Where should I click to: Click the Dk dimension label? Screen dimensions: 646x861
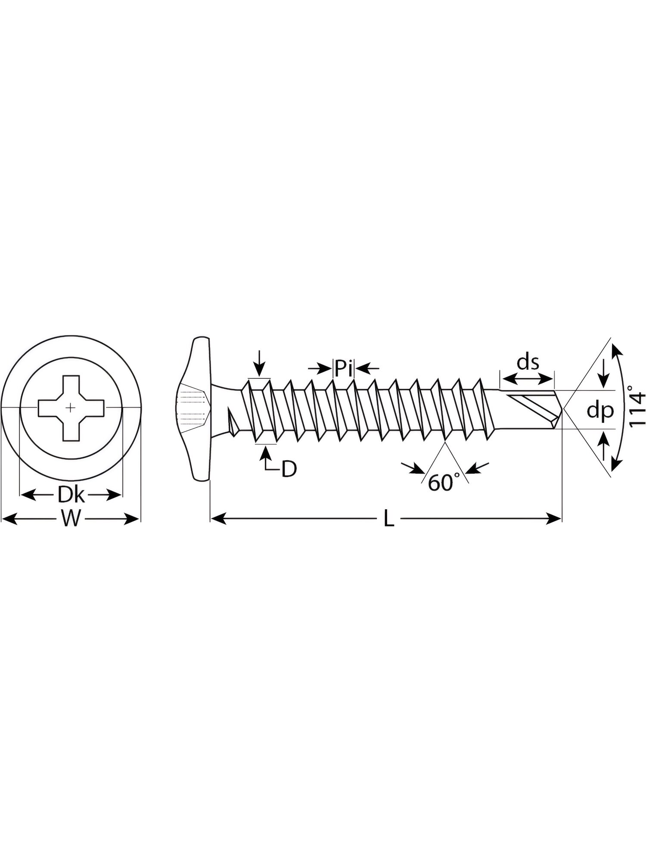point(71,496)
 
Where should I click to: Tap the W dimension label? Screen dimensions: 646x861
point(70,519)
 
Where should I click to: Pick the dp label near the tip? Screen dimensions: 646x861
point(600,412)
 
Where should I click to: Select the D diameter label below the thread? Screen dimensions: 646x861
point(289,469)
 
